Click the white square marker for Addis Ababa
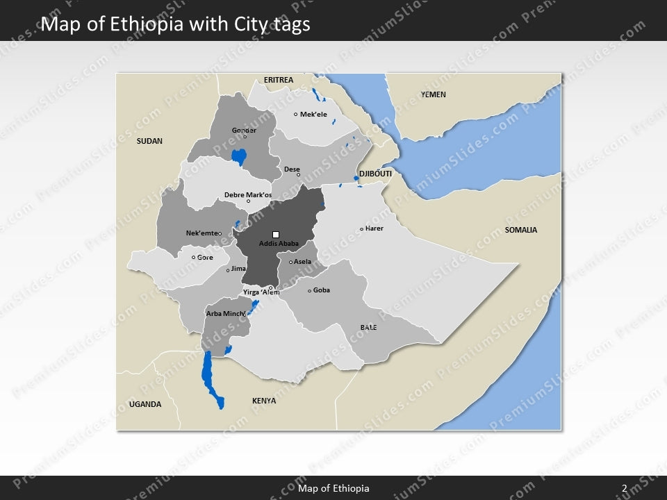click(x=276, y=235)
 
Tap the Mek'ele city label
click(x=313, y=115)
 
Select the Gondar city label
click(x=244, y=130)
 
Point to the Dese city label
click(x=292, y=169)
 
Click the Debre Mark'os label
click(x=248, y=195)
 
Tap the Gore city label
click(x=205, y=258)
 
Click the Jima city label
click(x=238, y=268)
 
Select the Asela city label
click(x=302, y=262)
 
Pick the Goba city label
click(x=321, y=290)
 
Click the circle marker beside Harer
click(x=361, y=229)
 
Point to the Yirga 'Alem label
click(x=261, y=292)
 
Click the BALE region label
click(x=368, y=327)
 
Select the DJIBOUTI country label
click(x=375, y=173)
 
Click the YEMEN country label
click(x=434, y=94)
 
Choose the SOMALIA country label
click(x=521, y=230)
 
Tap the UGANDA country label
click(x=145, y=404)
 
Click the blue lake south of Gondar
click(x=240, y=157)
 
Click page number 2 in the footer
click(x=625, y=489)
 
